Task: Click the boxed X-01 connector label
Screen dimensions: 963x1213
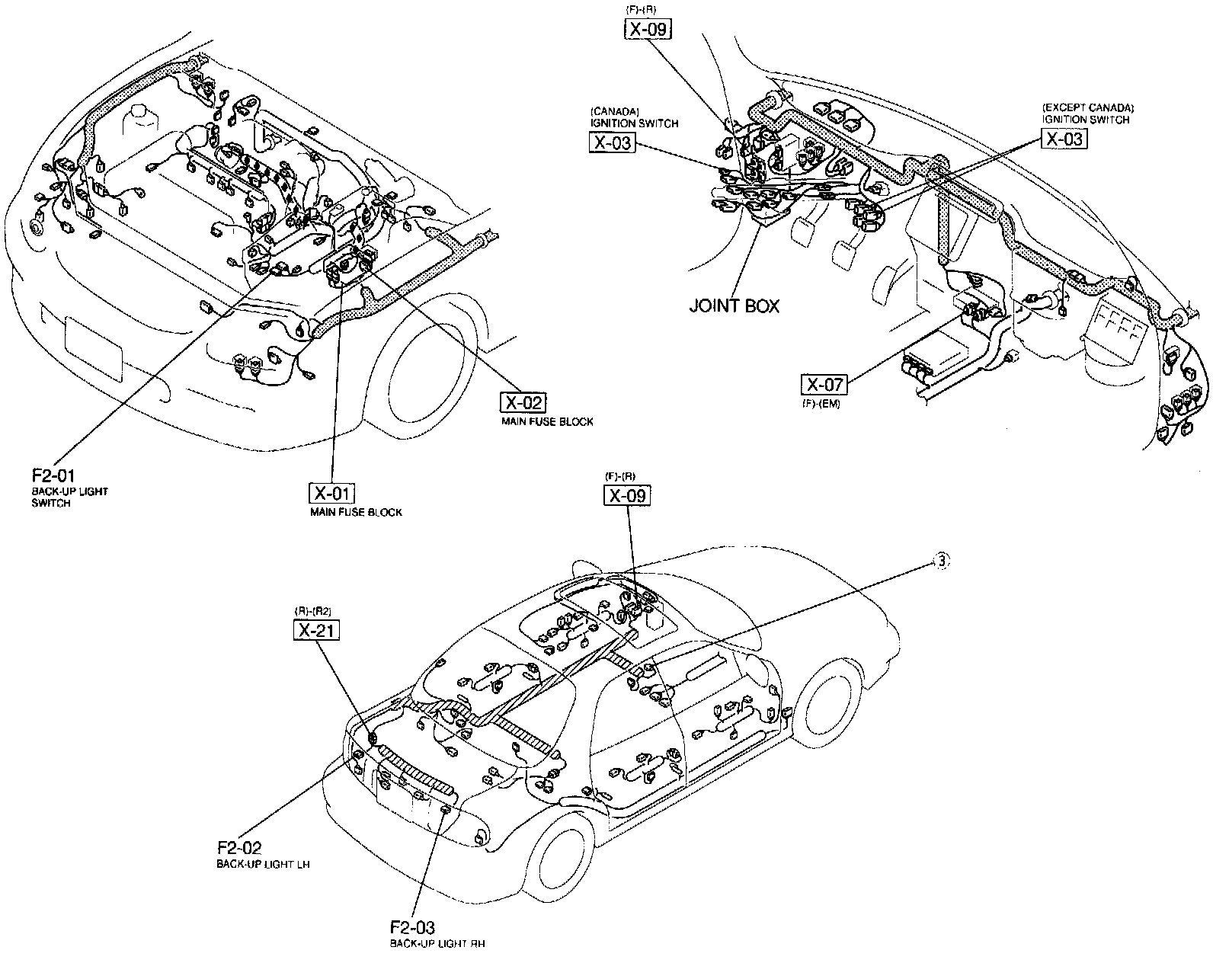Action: (332, 493)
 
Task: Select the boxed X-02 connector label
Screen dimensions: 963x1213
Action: (523, 402)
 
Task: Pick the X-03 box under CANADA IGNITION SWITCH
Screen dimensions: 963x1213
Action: (612, 142)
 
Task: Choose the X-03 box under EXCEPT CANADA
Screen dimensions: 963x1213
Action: (1064, 139)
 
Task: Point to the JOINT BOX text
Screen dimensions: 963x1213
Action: (735, 306)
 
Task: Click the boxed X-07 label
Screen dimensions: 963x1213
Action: (824, 385)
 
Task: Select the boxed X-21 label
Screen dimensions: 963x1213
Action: (316, 630)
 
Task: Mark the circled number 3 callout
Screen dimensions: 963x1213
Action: (942, 561)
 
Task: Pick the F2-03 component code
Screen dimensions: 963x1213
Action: (412, 927)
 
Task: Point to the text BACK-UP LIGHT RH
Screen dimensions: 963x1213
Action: (437, 944)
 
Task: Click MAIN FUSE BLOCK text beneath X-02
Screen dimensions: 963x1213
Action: (547, 421)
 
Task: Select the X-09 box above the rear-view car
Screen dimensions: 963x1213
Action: (628, 496)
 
